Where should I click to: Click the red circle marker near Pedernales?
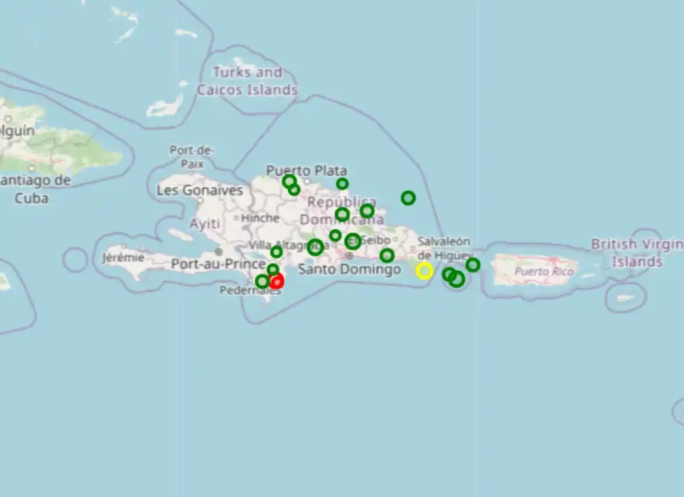click(x=277, y=282)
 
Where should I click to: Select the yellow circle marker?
click(x=424, y=271)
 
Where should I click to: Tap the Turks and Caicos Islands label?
click(x=248, y=80)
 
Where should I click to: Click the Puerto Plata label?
click(x=306, y=170)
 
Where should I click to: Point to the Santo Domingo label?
click(x=349, y=270)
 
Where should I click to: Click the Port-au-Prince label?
click(x=219, y=264)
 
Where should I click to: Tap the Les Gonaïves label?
click(x=200, y=190)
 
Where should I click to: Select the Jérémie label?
click(x=124, y=257)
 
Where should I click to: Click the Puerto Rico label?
click(x=544, y=271)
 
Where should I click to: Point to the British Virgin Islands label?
click(x=637, y=252)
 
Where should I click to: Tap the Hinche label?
click(x=260, y=218)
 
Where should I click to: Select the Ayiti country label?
click(x=205, y=224)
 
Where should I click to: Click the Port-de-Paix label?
click(x=192, y=156)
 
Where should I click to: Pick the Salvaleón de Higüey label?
click(x=443, y=248)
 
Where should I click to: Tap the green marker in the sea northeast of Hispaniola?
click(x=408, y=198)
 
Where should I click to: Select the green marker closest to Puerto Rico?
click(x=473, y=265)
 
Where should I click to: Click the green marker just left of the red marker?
click(x=262, y=282)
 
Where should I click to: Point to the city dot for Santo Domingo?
click(x=349, y=256)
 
